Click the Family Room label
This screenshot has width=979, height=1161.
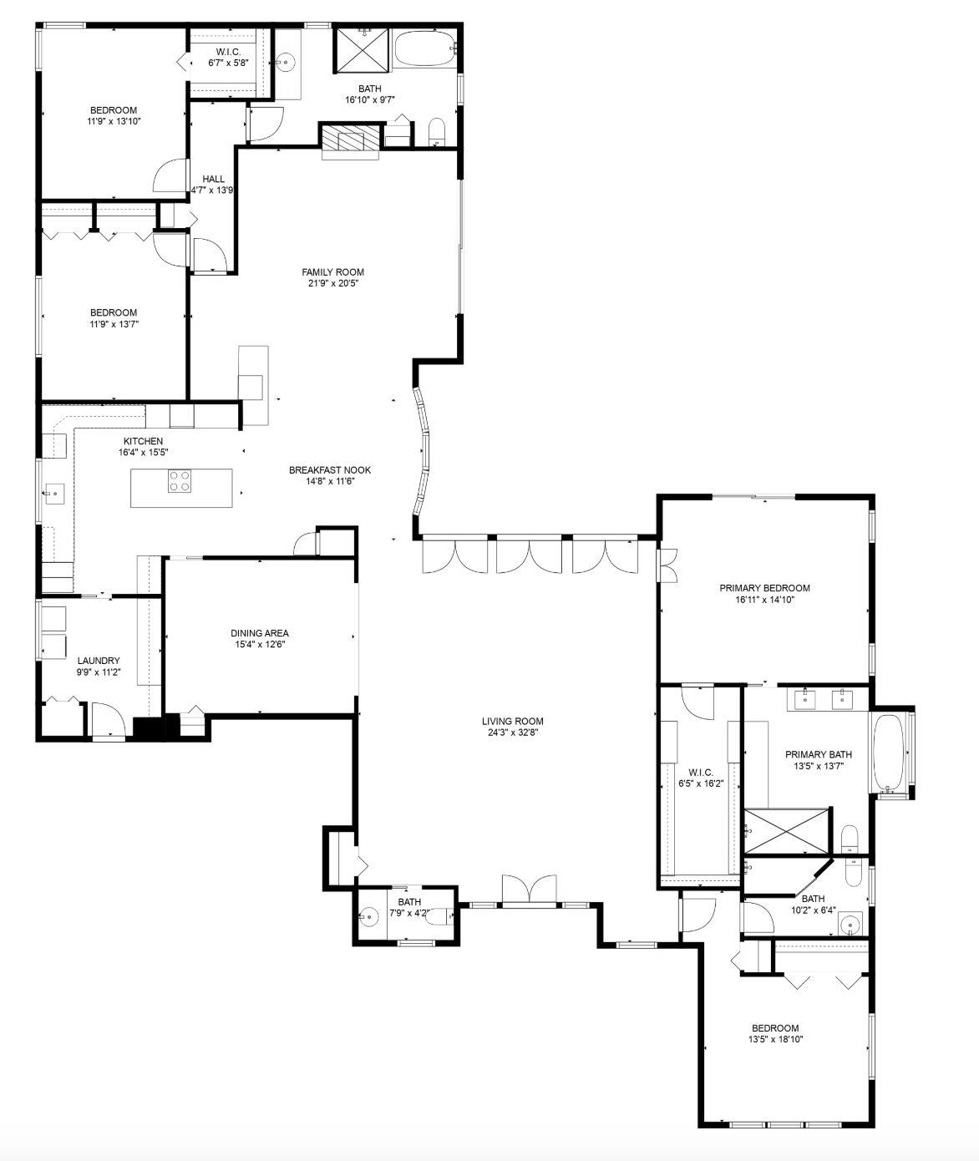pos(332,272)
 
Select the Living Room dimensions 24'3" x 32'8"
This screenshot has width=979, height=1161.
pos(513,733)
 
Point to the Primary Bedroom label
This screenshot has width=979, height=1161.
pos(764,588)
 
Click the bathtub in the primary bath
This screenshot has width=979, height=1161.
pos(888,753)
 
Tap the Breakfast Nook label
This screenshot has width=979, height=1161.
pos(330,470)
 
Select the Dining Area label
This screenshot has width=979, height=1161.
pos(260,633)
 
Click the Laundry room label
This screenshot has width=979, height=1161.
pos(99,661)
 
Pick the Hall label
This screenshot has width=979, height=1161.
pos(214,179)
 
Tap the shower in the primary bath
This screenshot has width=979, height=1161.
pos(787,831)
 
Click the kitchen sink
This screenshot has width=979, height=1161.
pos(54,493)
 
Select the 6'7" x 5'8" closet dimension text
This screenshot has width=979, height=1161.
pos(228,63)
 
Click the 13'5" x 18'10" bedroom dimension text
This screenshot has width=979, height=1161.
pos(775,1039)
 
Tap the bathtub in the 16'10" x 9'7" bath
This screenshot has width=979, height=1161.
pos(425,49)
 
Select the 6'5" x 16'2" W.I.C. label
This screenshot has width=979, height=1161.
pos(701,773)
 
